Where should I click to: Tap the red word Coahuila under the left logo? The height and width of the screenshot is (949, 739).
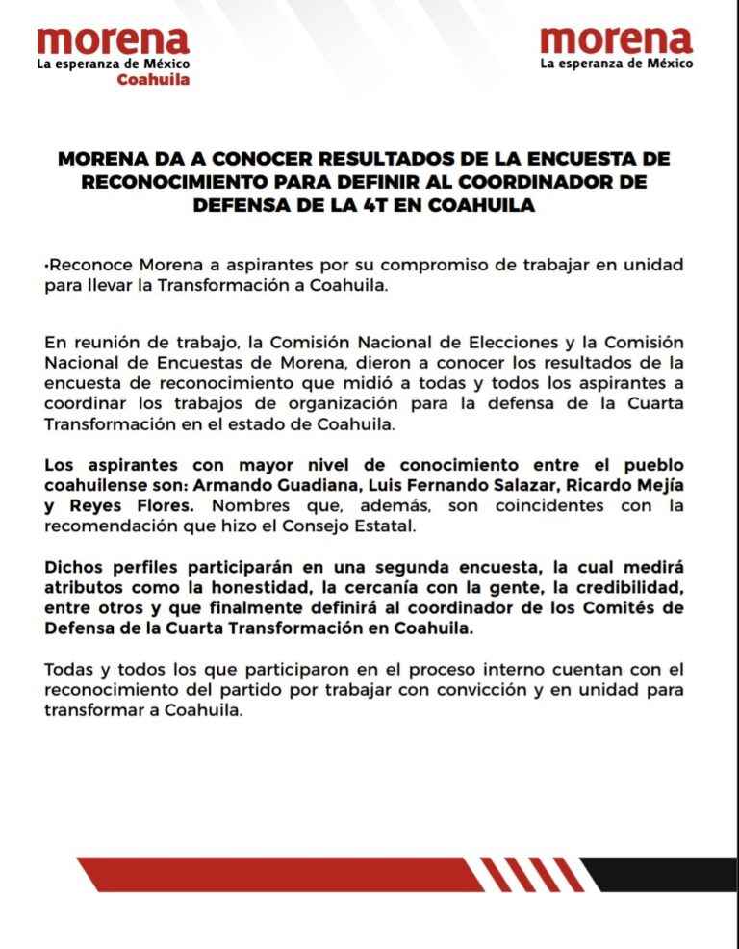[x=153, y=80]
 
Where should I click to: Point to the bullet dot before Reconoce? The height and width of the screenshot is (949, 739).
[x=45, y=265]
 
